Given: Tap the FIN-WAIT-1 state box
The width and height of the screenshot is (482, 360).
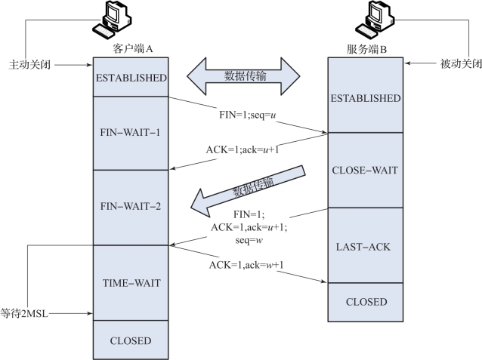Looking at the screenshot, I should pyautogui.click(x=129, y=133).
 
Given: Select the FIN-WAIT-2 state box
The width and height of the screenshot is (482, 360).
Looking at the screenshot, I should pyautogui.click(x=129, y=205).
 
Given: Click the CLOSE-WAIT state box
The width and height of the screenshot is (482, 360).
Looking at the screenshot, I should pyautogui.click(x=366, y=170).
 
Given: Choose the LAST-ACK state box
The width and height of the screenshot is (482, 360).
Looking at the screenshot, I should pyautogui.click(x=366, y=246).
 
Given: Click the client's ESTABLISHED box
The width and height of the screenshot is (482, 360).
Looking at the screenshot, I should pyautogui.click(x=129, y=77).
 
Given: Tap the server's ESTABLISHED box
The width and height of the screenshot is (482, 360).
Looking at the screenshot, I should pyautogui.click(x=366, y=97).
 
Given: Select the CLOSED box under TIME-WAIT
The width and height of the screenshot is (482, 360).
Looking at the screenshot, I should pyautogui.click(x=129, y=340).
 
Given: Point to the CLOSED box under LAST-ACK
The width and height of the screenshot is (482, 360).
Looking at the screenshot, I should pyautogui.click(x=366, y=302).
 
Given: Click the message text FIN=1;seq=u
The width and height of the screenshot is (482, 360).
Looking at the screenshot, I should pyautogui.click(x=245, y=118).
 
